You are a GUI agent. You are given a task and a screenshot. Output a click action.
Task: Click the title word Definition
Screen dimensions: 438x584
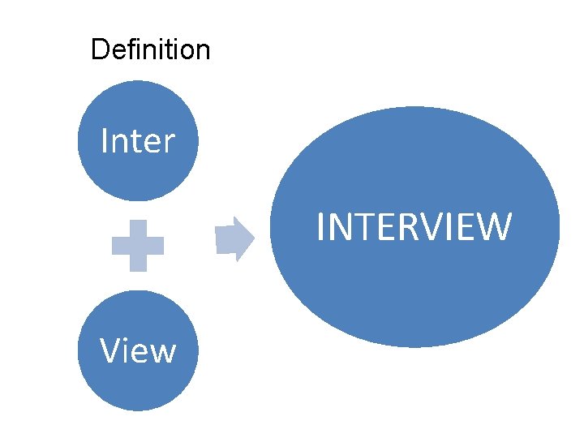[150, 49]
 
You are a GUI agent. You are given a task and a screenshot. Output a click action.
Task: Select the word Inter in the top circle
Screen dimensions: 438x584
[137, 141]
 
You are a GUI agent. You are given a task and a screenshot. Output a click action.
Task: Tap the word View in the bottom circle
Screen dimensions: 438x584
[137, 351]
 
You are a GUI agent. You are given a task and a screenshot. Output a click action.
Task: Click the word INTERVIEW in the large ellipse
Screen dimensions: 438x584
[414, 226]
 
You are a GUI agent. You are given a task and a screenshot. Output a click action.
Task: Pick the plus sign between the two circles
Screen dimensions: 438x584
[138, 245]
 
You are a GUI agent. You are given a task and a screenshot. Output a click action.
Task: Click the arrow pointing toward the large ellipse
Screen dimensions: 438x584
[234, 238]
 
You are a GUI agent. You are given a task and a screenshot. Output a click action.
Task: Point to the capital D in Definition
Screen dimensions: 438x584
[99, 49]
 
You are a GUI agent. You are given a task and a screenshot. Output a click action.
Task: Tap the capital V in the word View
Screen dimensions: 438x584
[109, 351]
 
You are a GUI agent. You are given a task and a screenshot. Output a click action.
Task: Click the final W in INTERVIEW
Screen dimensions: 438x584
[495, 226]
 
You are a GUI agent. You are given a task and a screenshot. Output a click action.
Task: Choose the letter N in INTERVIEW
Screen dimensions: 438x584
[339, 226]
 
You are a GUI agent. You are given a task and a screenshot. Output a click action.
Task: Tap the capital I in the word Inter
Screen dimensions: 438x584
[104, 141]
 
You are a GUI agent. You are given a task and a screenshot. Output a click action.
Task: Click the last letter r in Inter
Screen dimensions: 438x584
[170, 144]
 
